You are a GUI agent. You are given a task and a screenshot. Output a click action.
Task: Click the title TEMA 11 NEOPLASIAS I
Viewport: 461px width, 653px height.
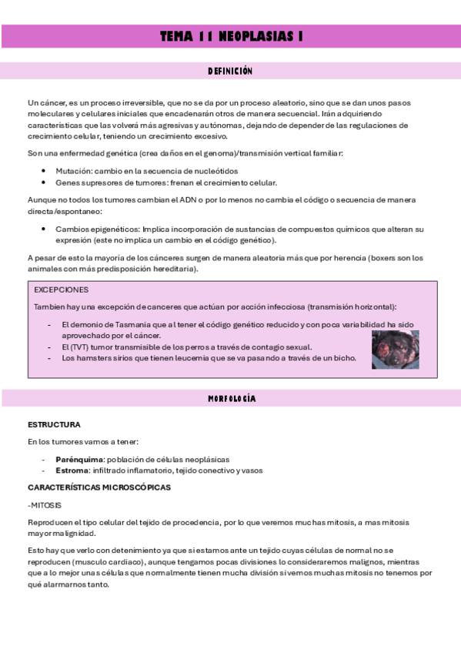[x=230, y=36]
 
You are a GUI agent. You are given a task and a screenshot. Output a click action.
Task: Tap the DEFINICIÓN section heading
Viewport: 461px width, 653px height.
[x=230, y=71]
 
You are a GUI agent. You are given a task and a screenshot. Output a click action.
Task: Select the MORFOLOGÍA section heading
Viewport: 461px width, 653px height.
[x=230, y=399]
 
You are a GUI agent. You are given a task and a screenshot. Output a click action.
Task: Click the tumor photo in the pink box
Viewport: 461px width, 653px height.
[x=395, y=350]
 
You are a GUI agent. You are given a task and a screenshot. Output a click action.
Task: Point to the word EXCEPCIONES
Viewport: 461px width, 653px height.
[x=62, y=290]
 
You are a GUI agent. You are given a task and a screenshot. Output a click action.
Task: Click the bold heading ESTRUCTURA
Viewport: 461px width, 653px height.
[x=54, y=424]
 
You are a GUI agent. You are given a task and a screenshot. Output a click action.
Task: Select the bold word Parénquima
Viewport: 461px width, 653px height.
[x=79, y=459]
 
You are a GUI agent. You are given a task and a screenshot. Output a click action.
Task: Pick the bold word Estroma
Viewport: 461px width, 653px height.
[x=71, y=470]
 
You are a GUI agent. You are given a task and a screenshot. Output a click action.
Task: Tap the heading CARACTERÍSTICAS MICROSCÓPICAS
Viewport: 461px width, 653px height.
[x=99, y=487]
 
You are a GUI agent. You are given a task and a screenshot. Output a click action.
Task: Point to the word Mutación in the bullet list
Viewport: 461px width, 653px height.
[x=72, y=170]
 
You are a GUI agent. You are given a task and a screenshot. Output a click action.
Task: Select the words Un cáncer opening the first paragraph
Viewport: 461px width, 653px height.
[x=42, y=102]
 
